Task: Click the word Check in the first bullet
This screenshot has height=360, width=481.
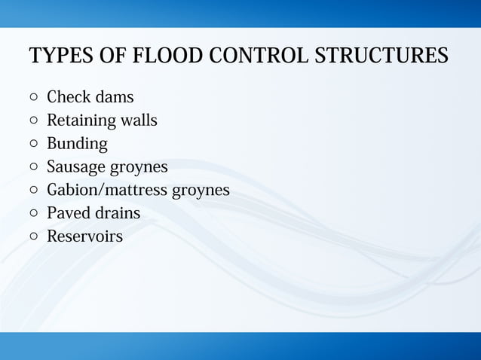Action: (x=69, y=97)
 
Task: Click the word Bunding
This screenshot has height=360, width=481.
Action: (x=77, y=144)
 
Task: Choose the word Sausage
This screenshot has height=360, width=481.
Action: (x=76, y=167)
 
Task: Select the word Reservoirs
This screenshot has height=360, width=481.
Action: (x=84, y=236)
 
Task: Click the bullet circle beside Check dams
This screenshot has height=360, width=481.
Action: (x=34, y=97)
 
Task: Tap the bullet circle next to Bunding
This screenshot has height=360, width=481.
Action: (x=34, y=143)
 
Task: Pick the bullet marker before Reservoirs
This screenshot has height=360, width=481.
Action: (x=34, y=236)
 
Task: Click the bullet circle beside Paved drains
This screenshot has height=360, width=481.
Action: (x=34, y=212)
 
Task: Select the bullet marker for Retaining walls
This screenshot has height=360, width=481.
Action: (x=34, y=120)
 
